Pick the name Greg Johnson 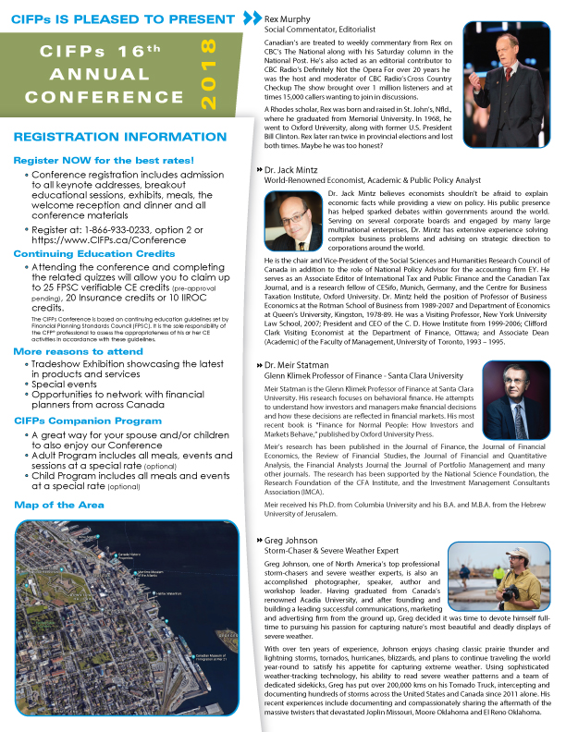289,539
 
